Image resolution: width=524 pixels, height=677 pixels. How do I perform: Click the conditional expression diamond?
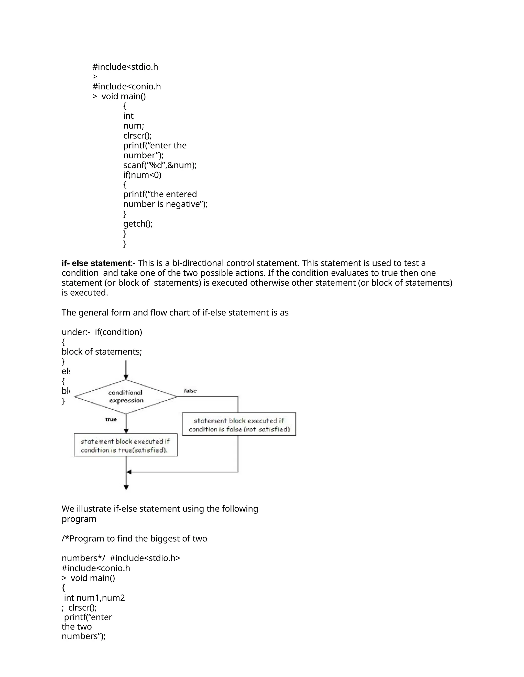126,396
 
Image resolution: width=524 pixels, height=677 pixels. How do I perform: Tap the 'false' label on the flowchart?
190,391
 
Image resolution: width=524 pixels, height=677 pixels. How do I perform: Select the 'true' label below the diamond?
111,419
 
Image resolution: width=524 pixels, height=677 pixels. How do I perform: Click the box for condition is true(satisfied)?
126,445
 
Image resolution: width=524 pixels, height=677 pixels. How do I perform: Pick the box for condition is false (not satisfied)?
239,424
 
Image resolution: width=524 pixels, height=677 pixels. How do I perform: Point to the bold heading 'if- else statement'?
96,263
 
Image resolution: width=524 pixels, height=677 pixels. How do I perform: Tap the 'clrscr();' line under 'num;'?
137,135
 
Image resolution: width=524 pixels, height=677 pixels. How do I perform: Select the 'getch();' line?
138,224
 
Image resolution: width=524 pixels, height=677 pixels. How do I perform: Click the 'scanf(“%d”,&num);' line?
160,165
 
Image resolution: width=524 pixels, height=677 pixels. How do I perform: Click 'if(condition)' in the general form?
118,332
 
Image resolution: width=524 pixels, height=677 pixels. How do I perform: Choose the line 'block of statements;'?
102,352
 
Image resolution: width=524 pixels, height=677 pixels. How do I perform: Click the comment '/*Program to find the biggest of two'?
134,539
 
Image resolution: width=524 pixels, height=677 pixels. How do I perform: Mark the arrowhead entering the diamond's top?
126,377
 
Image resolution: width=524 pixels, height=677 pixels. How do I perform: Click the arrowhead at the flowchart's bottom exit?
126,488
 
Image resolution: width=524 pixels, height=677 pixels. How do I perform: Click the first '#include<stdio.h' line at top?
125,67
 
